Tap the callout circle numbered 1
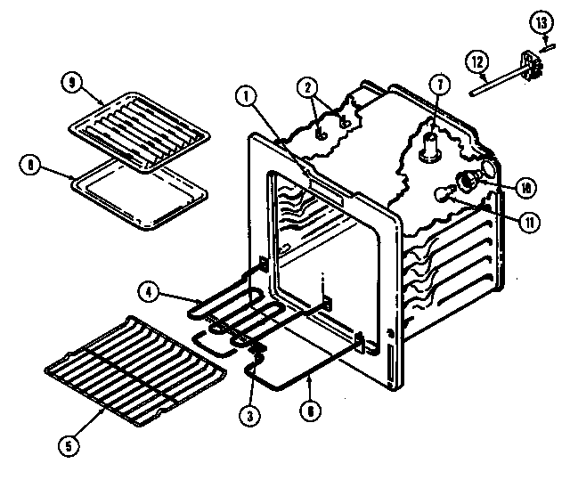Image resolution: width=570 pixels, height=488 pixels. tap(247, 94)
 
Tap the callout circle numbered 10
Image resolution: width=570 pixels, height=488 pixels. tap(526, 187)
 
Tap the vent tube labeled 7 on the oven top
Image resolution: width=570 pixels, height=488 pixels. tap(430, 142)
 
